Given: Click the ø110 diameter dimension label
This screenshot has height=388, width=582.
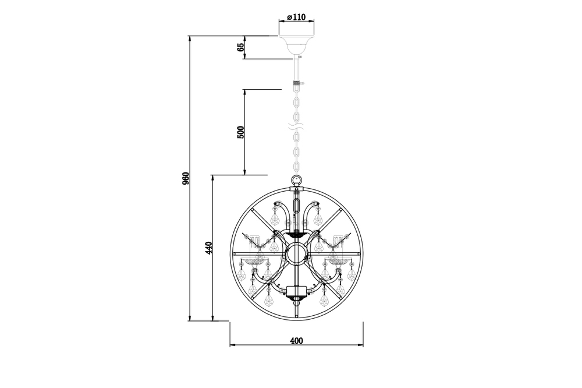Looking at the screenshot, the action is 296,17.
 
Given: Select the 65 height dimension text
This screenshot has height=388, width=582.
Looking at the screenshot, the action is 240,47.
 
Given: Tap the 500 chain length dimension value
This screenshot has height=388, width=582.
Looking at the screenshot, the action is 240,132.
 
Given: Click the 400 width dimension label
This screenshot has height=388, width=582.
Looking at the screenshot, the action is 297,340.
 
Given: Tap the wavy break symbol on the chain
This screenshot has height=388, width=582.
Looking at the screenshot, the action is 296,127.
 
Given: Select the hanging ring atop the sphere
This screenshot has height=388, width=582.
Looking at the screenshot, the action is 296,180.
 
